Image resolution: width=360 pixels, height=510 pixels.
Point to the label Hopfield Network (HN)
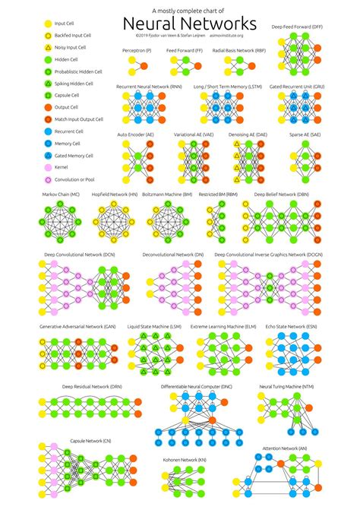115,194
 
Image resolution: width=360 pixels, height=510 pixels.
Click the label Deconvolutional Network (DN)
172,254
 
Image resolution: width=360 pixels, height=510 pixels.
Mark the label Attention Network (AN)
285,448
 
